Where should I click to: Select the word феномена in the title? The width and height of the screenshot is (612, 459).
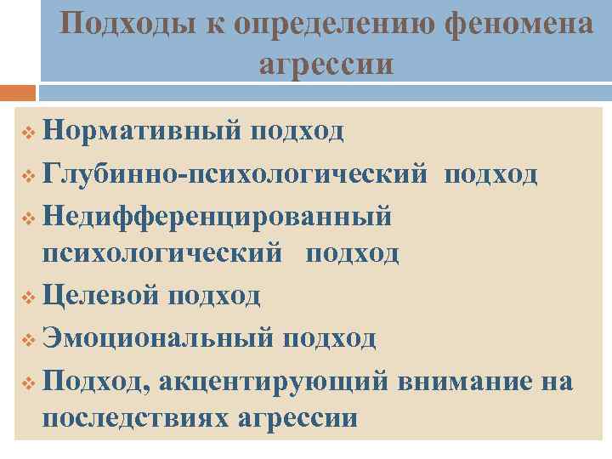[x=518, y=24]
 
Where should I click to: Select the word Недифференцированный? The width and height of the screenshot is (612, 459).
[x=218, y=216]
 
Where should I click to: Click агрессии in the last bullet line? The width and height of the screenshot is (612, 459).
[x=298, y=421]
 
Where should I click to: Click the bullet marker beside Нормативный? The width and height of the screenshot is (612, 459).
[x=30, y=133]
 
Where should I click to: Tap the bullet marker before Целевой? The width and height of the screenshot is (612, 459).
[x=30, y=297]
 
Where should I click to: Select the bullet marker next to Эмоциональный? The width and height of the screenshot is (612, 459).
[x=30, y=339]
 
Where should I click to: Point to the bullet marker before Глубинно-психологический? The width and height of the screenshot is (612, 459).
[x=30, y=176]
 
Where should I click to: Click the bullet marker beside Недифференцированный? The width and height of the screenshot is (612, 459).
[x=30, y=218]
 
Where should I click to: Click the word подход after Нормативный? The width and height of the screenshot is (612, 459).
[x=297, y=132]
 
